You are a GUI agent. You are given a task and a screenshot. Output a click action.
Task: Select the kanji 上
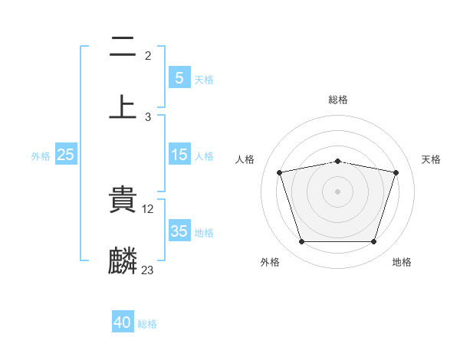(123, 107)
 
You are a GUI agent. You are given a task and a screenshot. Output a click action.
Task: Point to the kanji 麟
(123, 260)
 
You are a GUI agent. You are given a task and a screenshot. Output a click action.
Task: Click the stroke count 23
(148, 270)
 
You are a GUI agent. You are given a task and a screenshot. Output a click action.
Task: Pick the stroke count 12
(149, 208)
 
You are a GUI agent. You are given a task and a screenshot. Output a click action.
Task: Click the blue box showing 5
(179, 77)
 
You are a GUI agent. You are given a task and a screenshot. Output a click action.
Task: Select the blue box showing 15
(179, 155)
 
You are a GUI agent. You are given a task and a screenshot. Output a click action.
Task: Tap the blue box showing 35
(179, 231)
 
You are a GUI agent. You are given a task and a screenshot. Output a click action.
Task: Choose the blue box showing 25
(66, 155)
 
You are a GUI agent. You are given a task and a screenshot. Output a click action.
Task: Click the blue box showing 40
(123, 322)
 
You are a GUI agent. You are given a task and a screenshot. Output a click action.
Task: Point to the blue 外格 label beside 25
(41, 155)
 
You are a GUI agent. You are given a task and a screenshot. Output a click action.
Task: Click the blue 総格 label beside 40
(147, 323)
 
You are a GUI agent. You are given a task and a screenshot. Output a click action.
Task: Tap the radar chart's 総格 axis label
(337, 100)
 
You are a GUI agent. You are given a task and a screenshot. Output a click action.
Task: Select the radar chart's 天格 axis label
(431, 159)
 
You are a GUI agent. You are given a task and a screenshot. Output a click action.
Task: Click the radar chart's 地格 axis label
(402, 262)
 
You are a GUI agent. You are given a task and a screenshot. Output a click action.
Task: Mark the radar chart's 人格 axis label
(245, 159)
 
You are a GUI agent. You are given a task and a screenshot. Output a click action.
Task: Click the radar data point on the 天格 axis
(396, 172)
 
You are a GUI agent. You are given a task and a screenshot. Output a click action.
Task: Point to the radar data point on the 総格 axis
(337, 162)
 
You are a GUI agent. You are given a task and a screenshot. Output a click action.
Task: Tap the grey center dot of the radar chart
(337, 191)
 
